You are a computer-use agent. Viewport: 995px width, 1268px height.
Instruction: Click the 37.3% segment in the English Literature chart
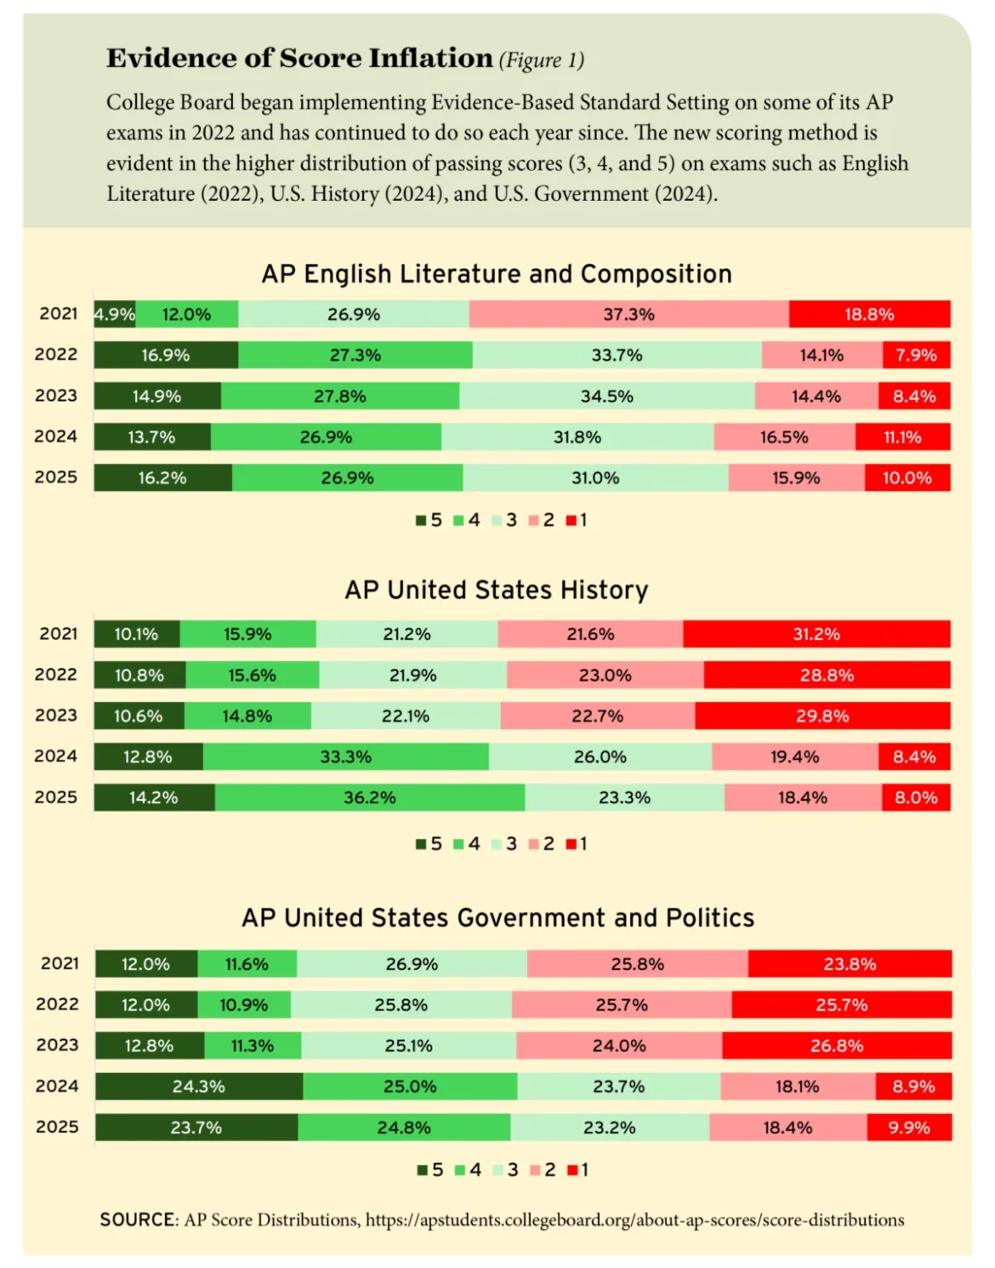click(628, 314)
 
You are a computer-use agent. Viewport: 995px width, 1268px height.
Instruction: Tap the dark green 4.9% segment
click(114, 314)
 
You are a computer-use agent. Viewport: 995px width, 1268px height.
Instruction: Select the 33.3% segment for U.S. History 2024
click(345, 757)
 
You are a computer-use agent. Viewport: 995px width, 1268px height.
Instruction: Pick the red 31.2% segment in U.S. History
click(816, 634)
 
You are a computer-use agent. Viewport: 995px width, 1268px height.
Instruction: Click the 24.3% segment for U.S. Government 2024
click(198, 1087)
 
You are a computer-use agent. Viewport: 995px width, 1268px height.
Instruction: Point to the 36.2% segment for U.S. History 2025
click(369, 797)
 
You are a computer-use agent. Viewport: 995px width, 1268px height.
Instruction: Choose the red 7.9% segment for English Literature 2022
click(916, 355)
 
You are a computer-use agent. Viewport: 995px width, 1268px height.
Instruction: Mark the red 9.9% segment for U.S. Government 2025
click(909, 1128)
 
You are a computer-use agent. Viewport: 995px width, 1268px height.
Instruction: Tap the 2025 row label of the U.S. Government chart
click(57, 1127)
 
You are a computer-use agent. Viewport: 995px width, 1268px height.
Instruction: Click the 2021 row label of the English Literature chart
click(58, 313)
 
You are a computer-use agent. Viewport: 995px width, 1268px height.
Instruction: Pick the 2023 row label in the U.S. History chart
click(56, 715)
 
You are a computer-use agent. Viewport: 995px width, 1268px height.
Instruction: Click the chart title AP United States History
click(497, 590)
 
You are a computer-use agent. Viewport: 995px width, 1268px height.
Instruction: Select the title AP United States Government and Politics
click(497, 917)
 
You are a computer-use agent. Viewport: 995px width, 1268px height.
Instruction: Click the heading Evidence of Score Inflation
click(299, 58)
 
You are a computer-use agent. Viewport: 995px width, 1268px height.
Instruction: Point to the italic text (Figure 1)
click(541, 60)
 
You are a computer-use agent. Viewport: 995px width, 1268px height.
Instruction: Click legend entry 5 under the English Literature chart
click(429, 520)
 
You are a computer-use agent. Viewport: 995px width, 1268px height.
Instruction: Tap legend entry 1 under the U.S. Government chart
click(577, 1170)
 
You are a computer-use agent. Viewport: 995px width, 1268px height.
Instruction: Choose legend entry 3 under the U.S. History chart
click(504, 844)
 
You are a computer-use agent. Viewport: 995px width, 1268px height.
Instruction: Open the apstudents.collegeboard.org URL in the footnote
click(634, 1219)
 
